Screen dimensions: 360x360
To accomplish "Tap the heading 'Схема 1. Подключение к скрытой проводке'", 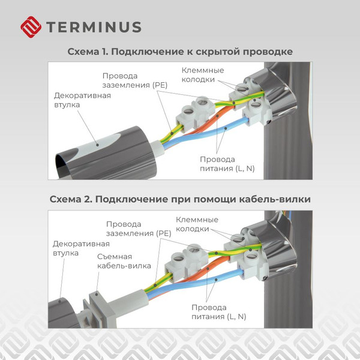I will pyautogui.click(x=180, y=52).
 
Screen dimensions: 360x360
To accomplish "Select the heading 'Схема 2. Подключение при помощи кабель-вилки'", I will pyautogui.click(x=180, y=199).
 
